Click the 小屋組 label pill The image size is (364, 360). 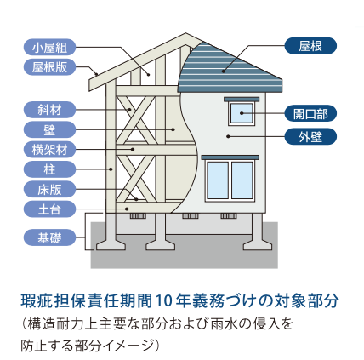(x=49, y=47)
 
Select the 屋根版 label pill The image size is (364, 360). (x=49, y=67)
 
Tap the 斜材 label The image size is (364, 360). (x=49, y=110)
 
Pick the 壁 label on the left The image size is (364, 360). (x=49, y=129)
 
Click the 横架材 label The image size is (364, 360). (x=49, y=150)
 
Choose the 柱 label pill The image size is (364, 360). (x=49, y=169)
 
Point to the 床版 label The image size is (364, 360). (x=49, y=189)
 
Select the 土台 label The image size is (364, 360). (x=49, y=209)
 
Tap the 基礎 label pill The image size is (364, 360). (x=49, y=237)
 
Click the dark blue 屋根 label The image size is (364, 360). (x=310, y=46)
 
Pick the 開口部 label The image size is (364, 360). (x=310, y=113)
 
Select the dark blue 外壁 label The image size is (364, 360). (x=310, y=136)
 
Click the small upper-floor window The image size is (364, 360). (x=242, y=113)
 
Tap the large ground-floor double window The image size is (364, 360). (x=230, y=180)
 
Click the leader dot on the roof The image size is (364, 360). (x=224, y=71)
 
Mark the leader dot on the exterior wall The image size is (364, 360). (x=228, y=136)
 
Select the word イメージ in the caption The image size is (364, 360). (x=125, y=346)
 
